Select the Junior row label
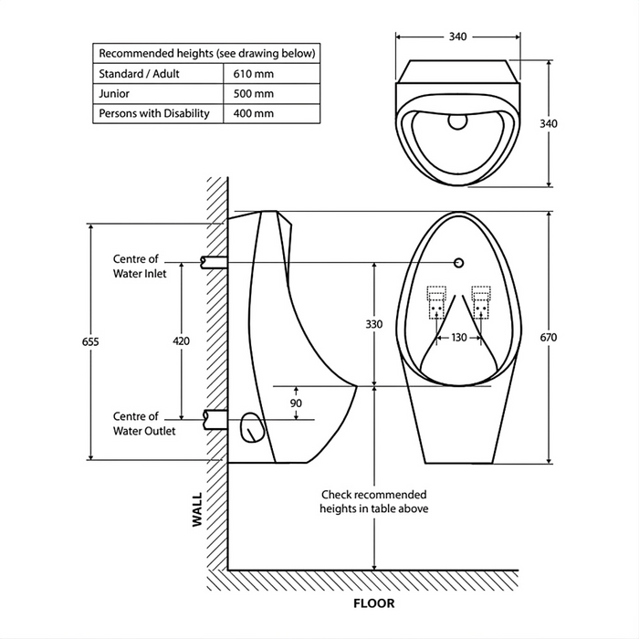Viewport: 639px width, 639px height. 114,93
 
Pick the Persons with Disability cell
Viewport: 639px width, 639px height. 153,113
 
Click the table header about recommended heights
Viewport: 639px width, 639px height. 206,53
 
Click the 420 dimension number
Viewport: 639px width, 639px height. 181,340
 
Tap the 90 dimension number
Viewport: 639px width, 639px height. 296,403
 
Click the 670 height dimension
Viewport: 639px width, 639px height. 548,338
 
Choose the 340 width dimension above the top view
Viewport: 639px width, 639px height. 457,37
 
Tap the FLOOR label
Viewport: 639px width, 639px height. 373,603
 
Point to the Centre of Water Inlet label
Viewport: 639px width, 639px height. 139,266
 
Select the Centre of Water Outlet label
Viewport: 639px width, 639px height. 143,424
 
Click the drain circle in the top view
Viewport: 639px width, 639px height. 457,119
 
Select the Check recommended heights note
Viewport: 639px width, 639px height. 373,501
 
